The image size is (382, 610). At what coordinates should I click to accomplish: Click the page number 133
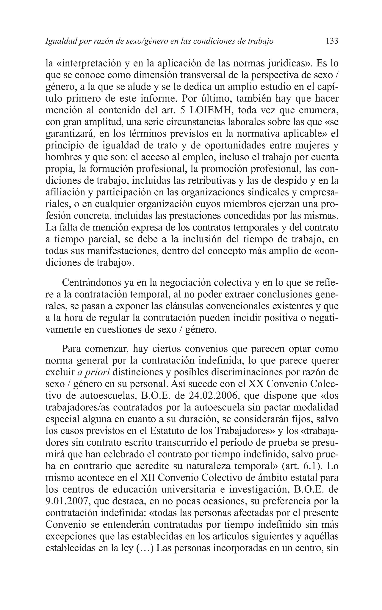332,41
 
